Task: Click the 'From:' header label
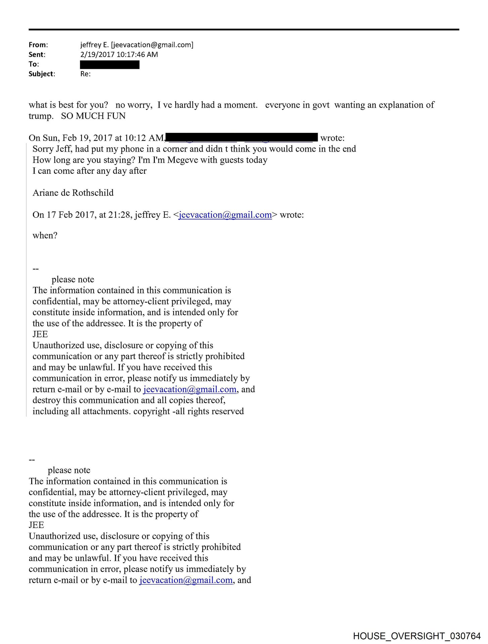point(38,45)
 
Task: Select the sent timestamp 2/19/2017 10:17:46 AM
point(119,55)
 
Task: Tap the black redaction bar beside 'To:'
point(109,65)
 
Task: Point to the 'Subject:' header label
point(42,74)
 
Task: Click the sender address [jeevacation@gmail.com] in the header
point(152,45)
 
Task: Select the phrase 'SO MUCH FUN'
point(93,116)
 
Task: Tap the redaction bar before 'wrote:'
point(242,137)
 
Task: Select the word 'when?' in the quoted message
point(45,235)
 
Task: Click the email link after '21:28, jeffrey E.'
point(225,215)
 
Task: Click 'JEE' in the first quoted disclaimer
point(40,334)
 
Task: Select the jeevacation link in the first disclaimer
point(190,389)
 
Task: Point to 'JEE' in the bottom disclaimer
point(36,525)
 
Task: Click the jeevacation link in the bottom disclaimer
point(186,580)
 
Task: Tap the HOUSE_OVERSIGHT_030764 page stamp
point(416,636)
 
